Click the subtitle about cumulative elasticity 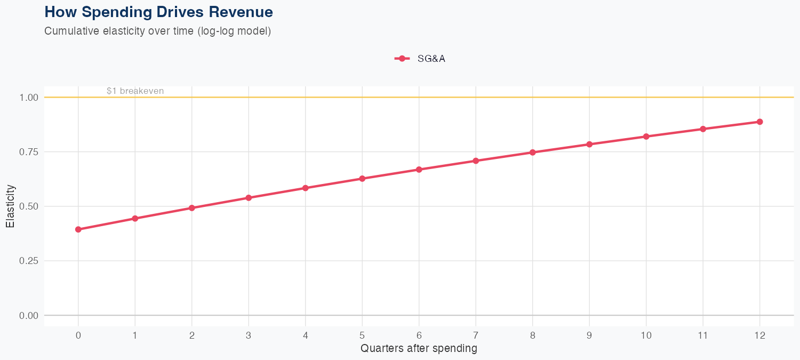[x=157, y=31]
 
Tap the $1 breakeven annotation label [x=135, y=91]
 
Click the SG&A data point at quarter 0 [x=78, y=229]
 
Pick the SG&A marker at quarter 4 [x=306, y=188]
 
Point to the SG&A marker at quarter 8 [x=532, y=153]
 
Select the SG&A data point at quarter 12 [x=759, y=122]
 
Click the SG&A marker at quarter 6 [x=419, y=170]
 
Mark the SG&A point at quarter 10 [x=646, y=137]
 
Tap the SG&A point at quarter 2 [x=192, y=208]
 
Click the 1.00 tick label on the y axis [x=29, y=98]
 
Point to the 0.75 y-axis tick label [x=29, y=152]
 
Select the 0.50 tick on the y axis [x=29, y=206]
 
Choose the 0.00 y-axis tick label [x=29, y=315]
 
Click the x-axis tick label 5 [x=362, y=335]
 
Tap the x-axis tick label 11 [x=703, y=335]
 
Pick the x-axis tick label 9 [x=589, y=335]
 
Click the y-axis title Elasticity [x=10, y=206]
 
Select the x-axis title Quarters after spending [x=419, y=349]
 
